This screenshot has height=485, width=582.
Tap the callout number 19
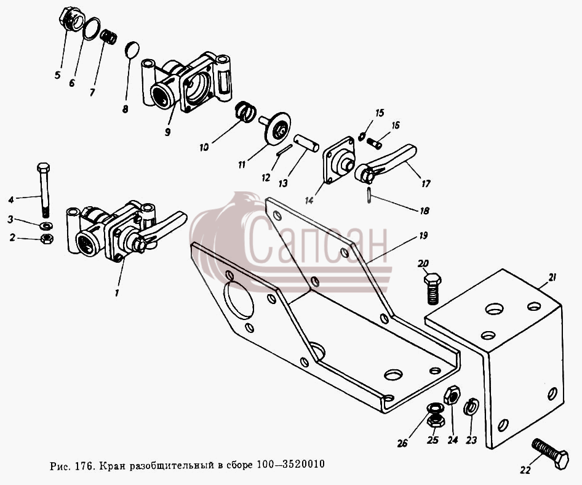click(x=423, y=236)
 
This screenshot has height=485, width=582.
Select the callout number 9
click(x=167, y=132)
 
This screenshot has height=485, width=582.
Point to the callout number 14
click(x=309, y=200)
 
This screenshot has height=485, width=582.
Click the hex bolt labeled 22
click(x=551, y=452)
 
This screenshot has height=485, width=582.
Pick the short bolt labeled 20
click(x=432, y=289)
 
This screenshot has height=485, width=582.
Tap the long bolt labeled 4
click(x=44, y=190)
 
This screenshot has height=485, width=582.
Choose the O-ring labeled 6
click(x=92, y=28)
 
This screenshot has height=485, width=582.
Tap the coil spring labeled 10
click(x=245, y=111)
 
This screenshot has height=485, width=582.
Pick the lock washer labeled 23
click(x=471, y=407)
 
